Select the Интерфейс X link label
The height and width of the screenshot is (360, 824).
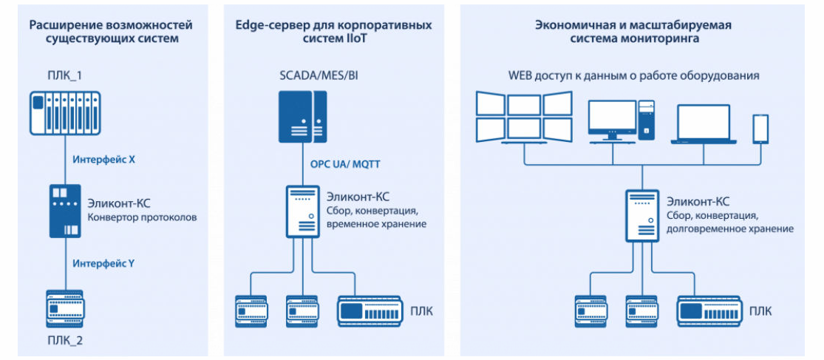click(x=103, y=158)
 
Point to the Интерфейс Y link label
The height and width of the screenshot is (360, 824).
click(x=103, y=262)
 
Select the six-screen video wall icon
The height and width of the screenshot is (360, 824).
click(x=524, y=116)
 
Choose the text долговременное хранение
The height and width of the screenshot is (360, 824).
click(x=730, y=229)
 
